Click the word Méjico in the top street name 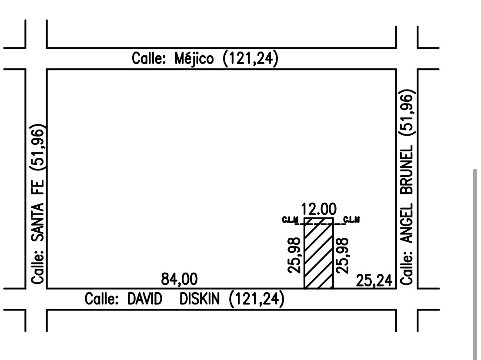[x=194, y=59]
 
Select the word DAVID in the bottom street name [x=144, y=299]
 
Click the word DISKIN [x=199, y=299]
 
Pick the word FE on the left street [x=38, y=187]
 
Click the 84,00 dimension [x=180, y=279]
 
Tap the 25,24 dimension [x=374, y=280]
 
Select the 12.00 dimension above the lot [x=319, y=209]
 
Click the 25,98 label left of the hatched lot [x=294, y=255]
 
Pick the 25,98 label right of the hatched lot [x=343, y=256]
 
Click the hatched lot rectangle [x=319, y=253]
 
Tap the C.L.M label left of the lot [x=290, y=220]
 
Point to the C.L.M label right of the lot [x=351, y=220]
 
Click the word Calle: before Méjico [x=149, y=58]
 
